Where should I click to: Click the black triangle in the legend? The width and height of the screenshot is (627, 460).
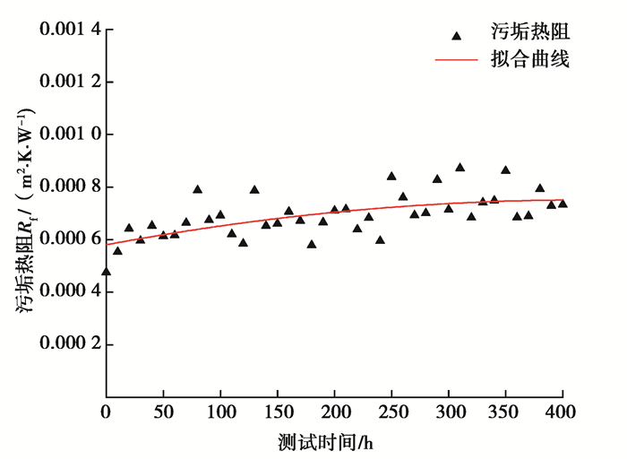457,36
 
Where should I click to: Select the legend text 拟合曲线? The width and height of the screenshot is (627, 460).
530,61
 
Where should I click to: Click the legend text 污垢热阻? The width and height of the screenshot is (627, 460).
530,35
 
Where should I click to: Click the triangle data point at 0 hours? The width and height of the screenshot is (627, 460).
107,271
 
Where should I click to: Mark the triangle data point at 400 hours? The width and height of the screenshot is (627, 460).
563,204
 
